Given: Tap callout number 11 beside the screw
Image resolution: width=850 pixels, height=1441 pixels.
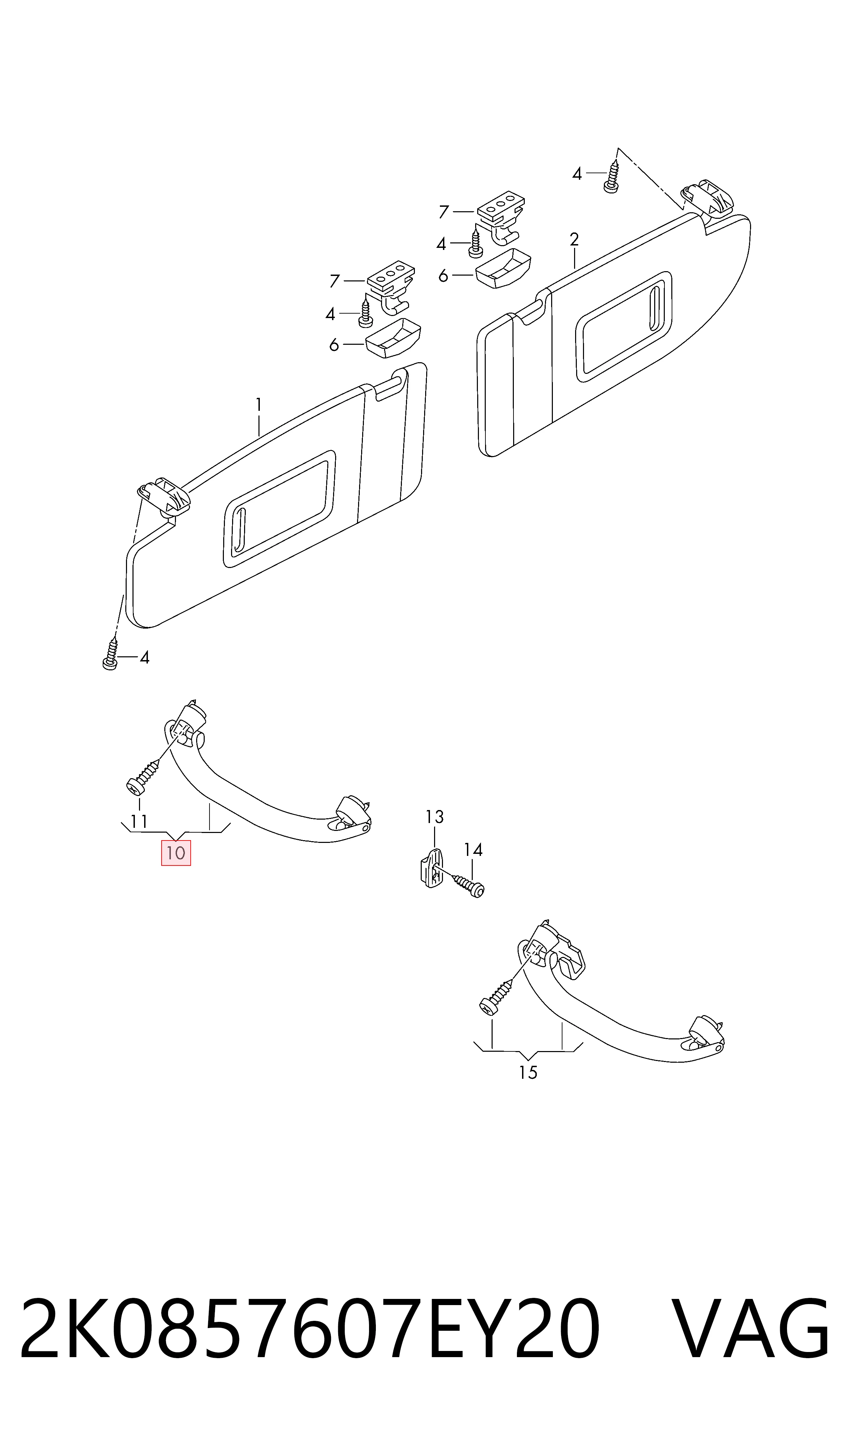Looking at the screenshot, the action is [x=139, y=822].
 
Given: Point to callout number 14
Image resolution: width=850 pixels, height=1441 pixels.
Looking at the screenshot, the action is [x=473, y=850].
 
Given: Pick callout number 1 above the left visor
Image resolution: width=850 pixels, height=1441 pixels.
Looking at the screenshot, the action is [x=259, y=405].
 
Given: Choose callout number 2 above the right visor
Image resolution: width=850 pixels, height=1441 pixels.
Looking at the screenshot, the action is [x=574, y=239].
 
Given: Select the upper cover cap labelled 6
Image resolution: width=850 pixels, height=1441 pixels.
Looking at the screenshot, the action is [x=502, y=267].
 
